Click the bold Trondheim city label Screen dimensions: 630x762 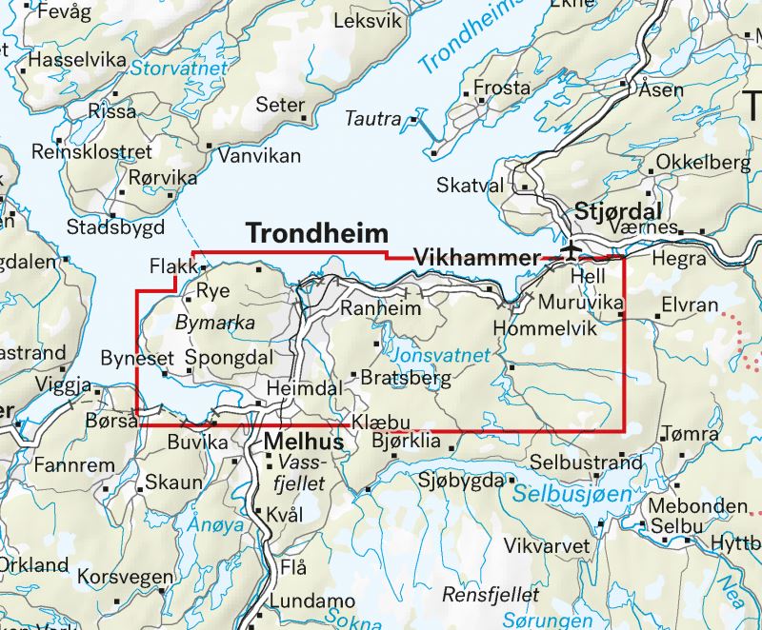[317, 234]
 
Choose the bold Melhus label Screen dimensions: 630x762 [302, 443]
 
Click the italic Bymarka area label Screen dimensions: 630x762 [215, 324]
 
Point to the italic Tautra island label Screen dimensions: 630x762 [372, 119]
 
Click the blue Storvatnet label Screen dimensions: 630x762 [179, 69]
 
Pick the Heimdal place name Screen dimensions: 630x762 [304, 389]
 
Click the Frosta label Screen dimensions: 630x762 [502, 88]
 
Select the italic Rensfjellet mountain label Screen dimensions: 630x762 [491, 596]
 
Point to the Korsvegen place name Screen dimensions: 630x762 [126, 577]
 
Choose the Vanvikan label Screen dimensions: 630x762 [259, 155]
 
